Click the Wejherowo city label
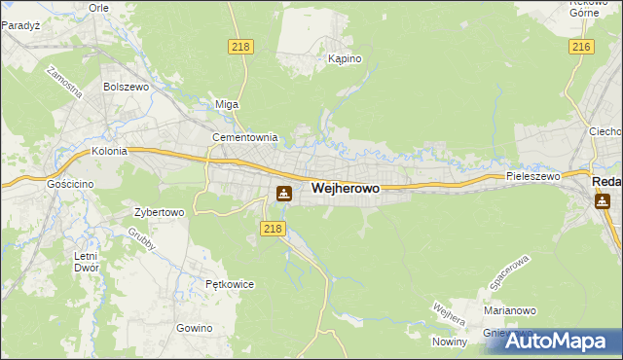click(346, 189)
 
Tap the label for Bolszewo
click(124, 86)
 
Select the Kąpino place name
click(345, 58)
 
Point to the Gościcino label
click(68, 182)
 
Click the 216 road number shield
click(581, 47)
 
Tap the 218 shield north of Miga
click(239, 47)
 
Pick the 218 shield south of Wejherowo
click(273, 228)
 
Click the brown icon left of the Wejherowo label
click(283, 193)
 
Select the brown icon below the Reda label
click(603, 200)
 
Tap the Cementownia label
click(245, 138)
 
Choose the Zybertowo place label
click(159, 211)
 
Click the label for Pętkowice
click(230, 284)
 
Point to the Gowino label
click(195, 328)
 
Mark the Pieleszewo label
click(533, 176)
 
